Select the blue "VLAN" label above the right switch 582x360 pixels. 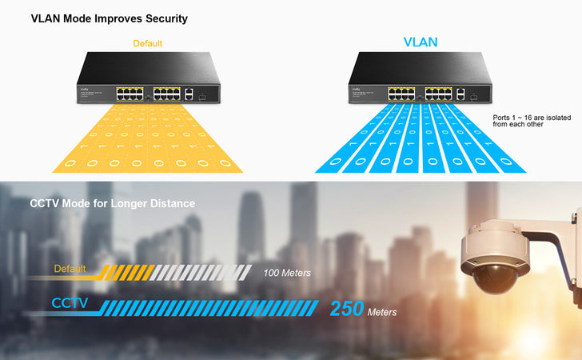point(420,42)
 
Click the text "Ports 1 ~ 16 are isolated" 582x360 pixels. point(527,117)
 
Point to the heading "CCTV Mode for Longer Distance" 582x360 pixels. point(113,203)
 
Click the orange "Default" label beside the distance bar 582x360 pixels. point(70,269)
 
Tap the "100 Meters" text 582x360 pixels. point(287,273)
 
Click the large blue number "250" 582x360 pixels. point(347,309)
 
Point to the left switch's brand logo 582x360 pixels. point(83,89)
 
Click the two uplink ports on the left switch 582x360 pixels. point(188,94)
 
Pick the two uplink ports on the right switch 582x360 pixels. point(460,94)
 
